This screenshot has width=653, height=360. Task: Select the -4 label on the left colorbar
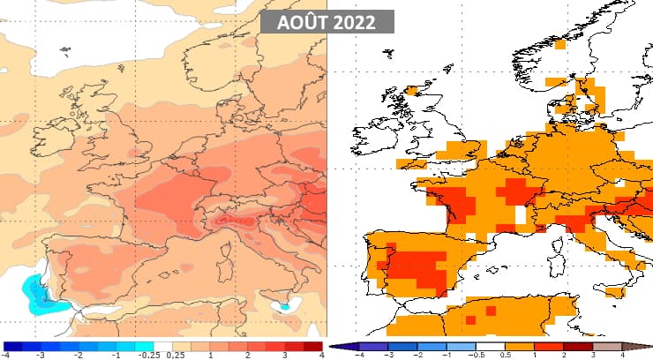click(x=7, y=355)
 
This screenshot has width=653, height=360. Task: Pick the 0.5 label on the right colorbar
click(x=506, y=355)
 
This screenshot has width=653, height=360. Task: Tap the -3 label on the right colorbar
click(x=389, y=355)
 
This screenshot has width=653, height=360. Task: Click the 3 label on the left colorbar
click(x=286, y=355)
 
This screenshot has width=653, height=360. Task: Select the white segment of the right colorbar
click(x=492, y=346)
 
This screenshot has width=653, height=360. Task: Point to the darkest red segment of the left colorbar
click(x=313, y=346)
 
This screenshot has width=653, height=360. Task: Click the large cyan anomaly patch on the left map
click(x=37, y=294)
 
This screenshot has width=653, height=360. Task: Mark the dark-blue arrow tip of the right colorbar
click(x=336, y=346)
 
